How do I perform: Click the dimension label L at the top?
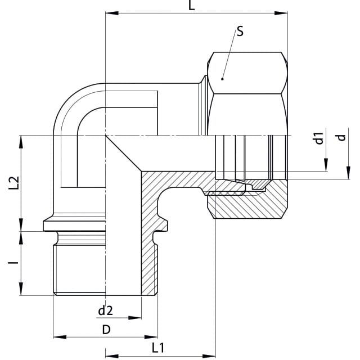[191, 6]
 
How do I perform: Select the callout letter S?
[240, 31]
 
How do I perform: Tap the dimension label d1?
[319, 138]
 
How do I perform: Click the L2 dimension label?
[13, 183]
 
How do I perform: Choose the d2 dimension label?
[105, 310]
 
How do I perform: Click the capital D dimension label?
[106, 330]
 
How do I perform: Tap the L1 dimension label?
[158, 348]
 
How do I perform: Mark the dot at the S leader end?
[222, 79]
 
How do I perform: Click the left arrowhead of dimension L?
[112, 13]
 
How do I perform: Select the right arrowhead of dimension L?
[281, 13]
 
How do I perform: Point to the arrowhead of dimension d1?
[326, 165]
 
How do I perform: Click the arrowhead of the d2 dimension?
[135, 318]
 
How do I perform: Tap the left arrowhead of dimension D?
[60, 337]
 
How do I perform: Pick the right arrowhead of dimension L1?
[209, 356]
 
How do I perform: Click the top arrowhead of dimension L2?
[21, 142]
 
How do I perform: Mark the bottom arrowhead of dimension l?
[21, 289]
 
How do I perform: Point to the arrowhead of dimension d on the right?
[348, 173]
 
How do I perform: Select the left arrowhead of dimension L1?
[112, 356]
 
